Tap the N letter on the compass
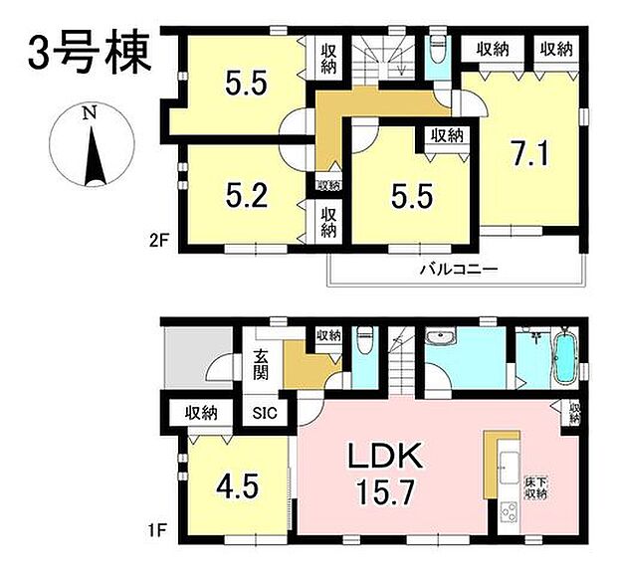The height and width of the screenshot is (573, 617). [x=90, y=113]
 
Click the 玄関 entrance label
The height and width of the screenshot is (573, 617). [x=259, y=364]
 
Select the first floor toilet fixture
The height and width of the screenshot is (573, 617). [x=364, y=343]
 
